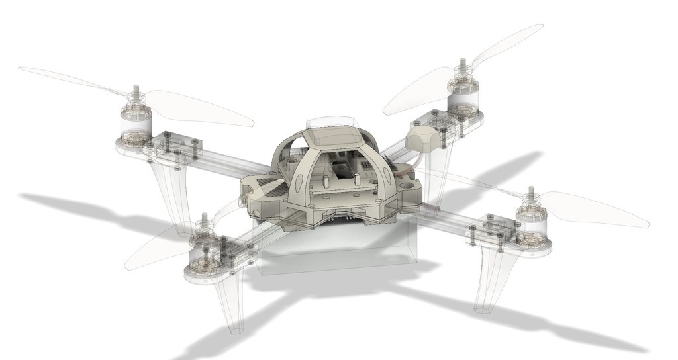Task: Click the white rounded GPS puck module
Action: click(x=424, y=138)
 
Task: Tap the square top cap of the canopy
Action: click(x=333, y=136)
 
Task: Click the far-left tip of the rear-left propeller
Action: click(x=21, y=68)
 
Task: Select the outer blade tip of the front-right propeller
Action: click(x=646, y=223)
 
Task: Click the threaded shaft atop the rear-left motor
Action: click(x=136, y=90)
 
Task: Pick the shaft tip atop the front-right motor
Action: click(x=530, y=191)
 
